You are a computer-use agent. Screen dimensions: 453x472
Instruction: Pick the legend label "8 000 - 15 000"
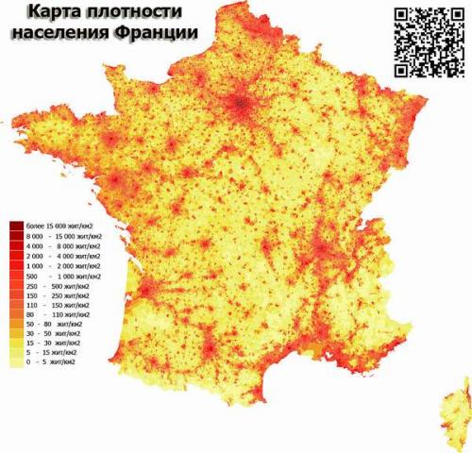point(62,237)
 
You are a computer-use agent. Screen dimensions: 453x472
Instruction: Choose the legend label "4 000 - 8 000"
point(62,247)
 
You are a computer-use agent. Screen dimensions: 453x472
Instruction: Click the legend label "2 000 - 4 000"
point(62,258)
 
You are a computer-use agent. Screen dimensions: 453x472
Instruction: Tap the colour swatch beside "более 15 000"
point(16,226)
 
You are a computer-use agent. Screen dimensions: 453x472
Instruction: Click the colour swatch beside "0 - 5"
point(16,361)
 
